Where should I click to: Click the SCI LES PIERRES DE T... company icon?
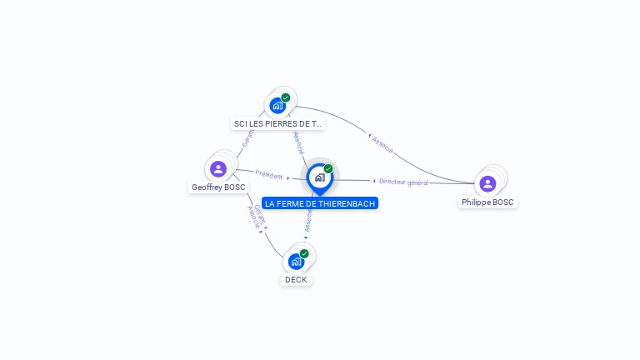[277, 106]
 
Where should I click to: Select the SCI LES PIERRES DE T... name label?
[277, 123]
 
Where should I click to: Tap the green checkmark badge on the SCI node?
[286, 97]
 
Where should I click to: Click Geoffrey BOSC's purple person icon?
[218, 169]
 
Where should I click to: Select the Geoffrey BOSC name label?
[218, 187]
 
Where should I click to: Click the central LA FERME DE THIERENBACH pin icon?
[319, 177]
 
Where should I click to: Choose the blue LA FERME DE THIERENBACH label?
[320, 203]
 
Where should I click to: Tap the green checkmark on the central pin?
[328, 168]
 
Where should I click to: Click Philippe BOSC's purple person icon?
[487, 183]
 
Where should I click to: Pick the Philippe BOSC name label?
[488, 202]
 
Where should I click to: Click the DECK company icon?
[296, 262]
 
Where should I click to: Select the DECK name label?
[296, 280]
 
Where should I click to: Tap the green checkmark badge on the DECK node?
[304, 253]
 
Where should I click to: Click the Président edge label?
[269, 175]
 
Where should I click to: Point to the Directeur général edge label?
[403, 182]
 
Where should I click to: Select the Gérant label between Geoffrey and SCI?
[247, 139]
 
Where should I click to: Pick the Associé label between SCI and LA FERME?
[298, 142]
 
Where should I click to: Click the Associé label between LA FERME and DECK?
[308, 220]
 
